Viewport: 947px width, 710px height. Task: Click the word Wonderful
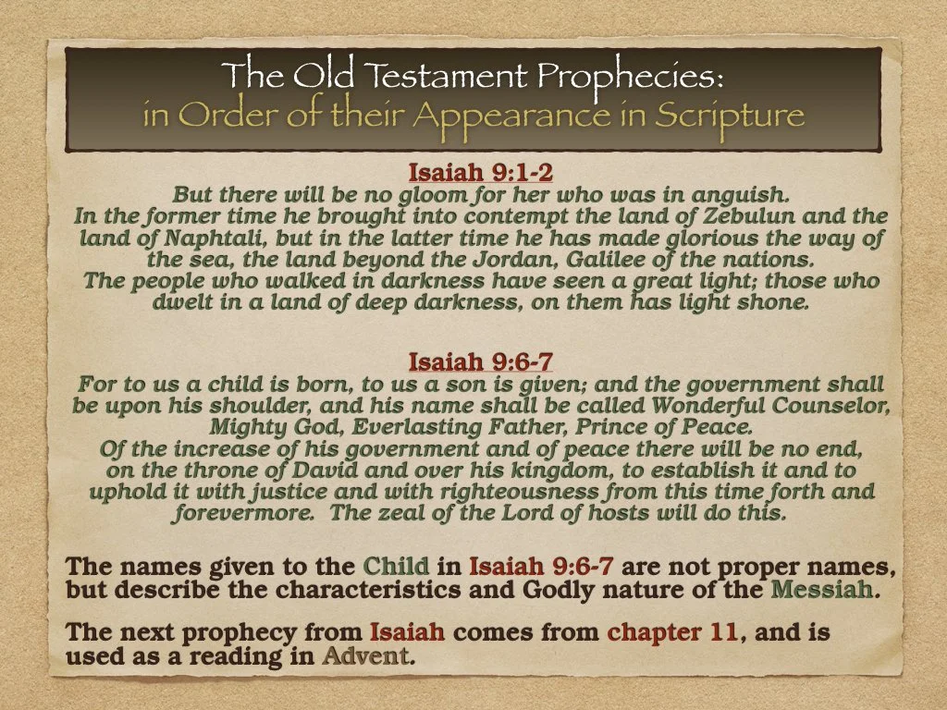tap(708, 405)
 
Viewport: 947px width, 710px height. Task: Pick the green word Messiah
tap(830, 589)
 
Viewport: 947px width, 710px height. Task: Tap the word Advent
tap(365, 657)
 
